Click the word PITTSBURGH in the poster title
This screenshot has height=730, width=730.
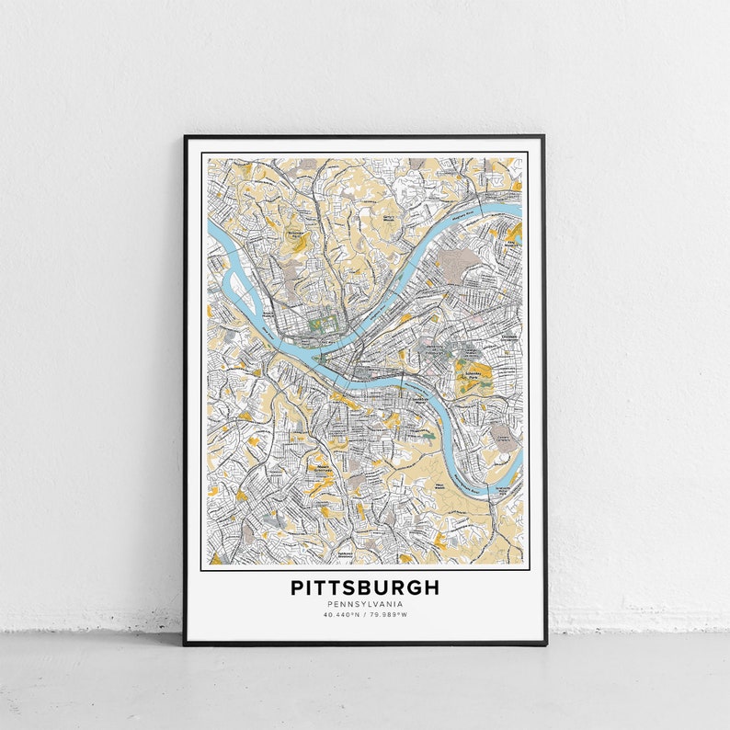[x=365, y=587]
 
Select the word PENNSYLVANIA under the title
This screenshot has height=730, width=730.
[x=365, y=604]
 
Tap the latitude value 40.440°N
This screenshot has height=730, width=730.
[x=340, y=615]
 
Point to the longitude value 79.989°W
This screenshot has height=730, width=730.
[x=390, y=615]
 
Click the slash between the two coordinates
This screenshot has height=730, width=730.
[x=365, y=615]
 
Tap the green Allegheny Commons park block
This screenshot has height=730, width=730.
[x=322, y=324]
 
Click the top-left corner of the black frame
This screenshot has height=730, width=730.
[x=185, y=137]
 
